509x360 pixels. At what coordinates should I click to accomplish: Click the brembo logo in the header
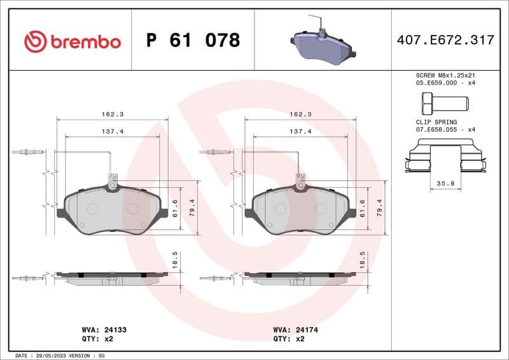[72, 41]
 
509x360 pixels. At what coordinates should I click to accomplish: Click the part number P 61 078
[193, 41]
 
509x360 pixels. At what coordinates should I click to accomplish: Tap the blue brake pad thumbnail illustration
[322, 46]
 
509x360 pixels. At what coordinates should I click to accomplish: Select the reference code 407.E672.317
[445, 41]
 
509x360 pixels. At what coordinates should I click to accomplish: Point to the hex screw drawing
[444, 102]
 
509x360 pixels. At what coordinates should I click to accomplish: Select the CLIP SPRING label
[436, 121]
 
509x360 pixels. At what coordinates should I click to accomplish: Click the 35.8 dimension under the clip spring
[445, 183]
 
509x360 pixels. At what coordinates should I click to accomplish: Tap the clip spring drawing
[445, 158]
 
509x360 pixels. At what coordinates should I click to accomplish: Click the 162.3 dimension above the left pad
[112, 114]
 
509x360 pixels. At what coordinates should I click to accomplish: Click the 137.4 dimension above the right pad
[300, 132]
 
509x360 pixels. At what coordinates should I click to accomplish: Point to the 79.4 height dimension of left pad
[191, 208]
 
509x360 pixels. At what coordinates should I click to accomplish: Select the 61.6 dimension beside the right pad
[363, 208]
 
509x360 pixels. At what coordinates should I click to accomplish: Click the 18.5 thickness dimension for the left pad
[175, 261]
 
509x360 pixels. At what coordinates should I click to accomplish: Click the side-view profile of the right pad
[299, 277]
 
